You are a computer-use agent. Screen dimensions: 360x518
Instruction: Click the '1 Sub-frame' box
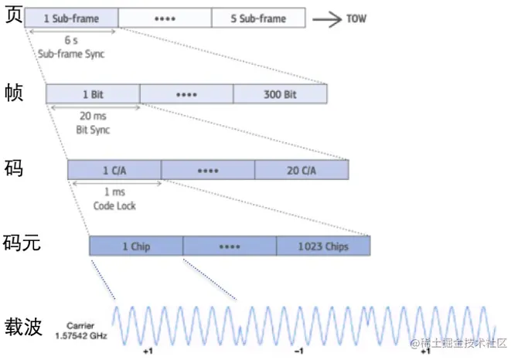coord(71,18)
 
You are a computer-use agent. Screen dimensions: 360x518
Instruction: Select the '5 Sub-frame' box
coord(258,18)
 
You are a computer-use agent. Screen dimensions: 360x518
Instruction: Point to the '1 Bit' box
coord(94,93)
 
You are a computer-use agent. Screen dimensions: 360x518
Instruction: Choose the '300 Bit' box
coord(280,93)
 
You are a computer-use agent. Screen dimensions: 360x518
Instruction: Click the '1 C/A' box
coord(114,169)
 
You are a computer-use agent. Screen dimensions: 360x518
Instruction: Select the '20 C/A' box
coord(302,169)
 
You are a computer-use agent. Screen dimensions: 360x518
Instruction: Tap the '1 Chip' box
coord(136,246)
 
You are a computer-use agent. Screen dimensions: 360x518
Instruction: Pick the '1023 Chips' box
coord(323,246)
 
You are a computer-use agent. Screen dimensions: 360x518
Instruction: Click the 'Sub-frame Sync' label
coord(70,55)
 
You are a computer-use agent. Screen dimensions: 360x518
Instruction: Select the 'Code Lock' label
coord(114,206)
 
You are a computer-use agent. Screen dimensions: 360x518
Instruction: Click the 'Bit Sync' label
coord(92,130)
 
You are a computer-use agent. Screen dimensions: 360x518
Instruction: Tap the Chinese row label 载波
coord(23,325)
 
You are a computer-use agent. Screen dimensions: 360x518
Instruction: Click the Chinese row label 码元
coord(23,244)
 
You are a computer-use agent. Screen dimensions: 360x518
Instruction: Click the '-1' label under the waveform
coord(299,351)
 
